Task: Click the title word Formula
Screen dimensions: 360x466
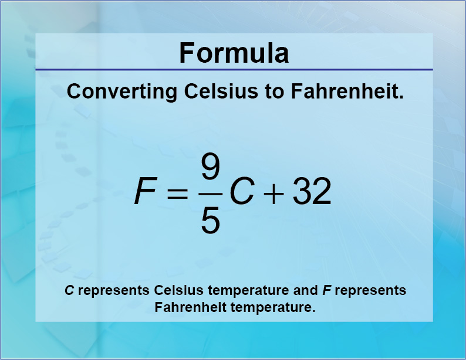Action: point(234,53)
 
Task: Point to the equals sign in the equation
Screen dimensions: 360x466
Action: point(177,192)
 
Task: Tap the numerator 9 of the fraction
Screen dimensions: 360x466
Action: point(210,168)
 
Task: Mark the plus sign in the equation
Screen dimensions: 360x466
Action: point(273,192)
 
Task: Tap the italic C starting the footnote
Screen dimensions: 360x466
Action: point(69,290)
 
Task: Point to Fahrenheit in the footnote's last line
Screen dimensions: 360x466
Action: point(186,307)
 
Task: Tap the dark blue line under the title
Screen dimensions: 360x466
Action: point(234,70)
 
